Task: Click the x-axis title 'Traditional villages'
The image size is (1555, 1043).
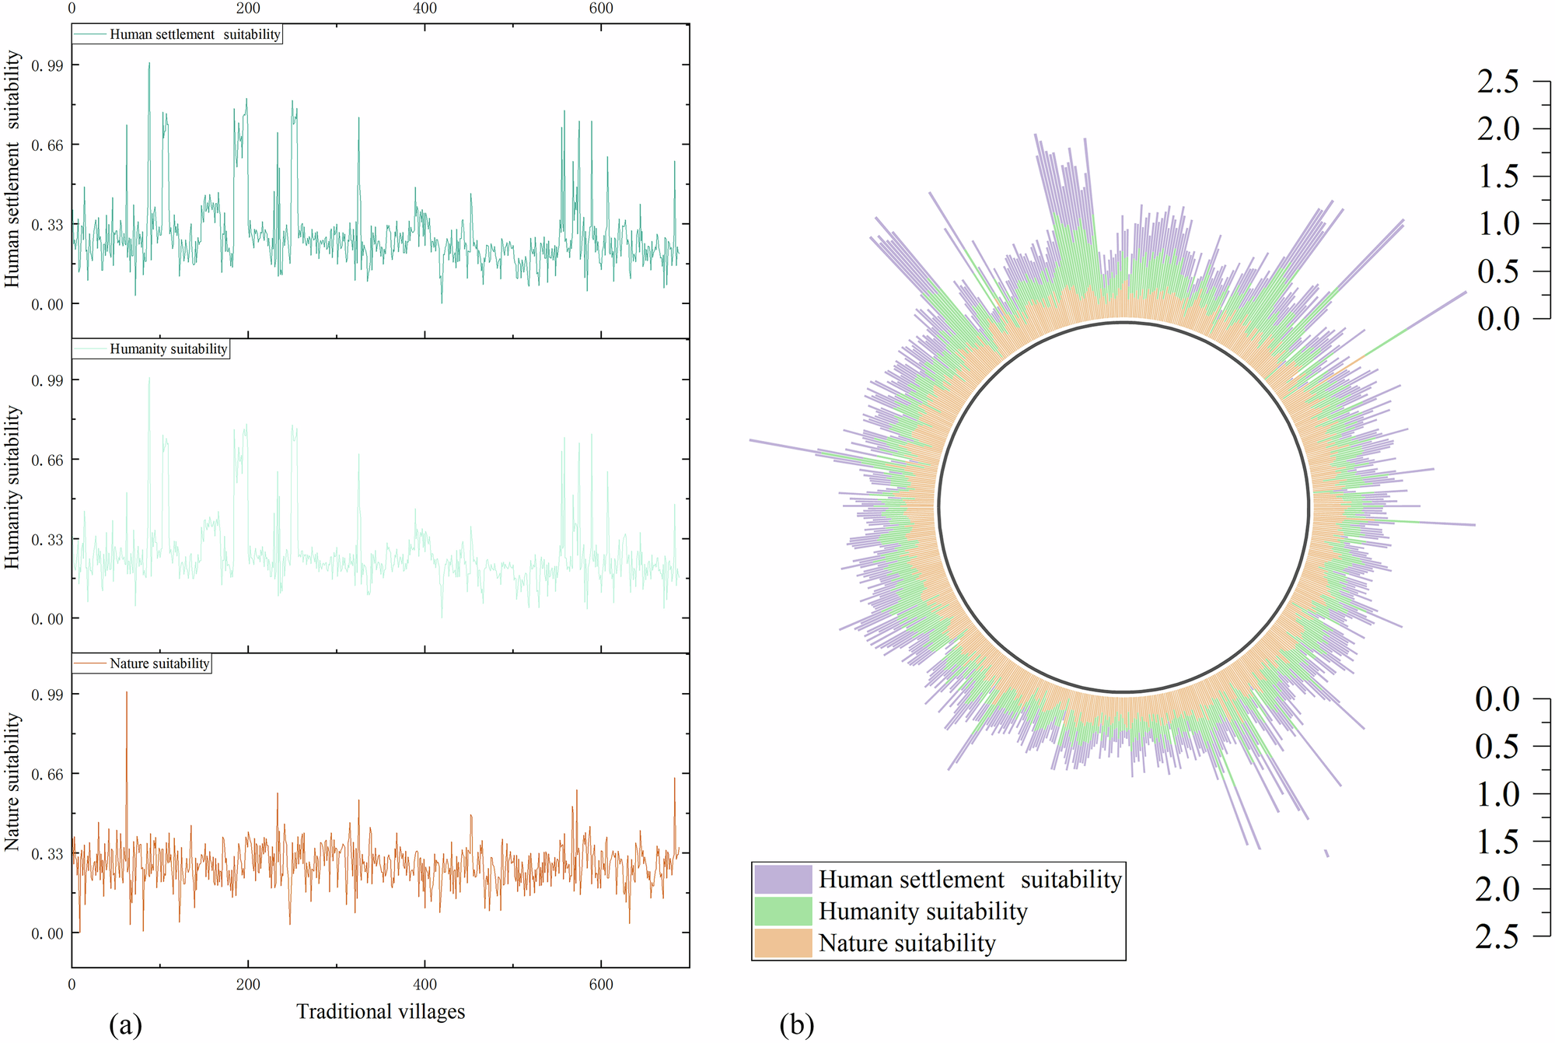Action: point(380,1011)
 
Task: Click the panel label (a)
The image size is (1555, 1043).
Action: point(126,1024)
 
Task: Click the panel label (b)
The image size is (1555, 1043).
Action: point(796,1024)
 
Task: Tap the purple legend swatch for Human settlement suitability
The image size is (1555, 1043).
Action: point(783,880)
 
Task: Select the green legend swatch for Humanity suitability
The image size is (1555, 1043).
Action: point(783,912)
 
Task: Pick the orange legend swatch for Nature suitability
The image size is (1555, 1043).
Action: point(783,943)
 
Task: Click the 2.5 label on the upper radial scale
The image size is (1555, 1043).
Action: point(1497,82)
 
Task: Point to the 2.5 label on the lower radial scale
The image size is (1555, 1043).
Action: point(1497,936)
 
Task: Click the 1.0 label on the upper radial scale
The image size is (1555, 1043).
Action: point(1497,224)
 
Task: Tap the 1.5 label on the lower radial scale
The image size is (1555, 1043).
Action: point(1497,842)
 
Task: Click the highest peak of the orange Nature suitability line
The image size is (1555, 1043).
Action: point(127,693)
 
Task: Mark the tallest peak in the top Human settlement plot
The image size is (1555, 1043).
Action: point(149,65)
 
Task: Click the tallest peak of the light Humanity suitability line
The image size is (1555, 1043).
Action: point(149,379)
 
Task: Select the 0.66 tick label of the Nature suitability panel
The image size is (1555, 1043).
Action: point(47,774)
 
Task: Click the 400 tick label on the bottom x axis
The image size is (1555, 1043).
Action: point(425,985)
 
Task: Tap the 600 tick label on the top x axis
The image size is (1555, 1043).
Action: point(601,9)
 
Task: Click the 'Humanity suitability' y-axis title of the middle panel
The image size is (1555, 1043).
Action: point(12,488)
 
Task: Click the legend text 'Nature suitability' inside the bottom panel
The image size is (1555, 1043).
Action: point(159,663)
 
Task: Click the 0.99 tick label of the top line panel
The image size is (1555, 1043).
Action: point(47,65)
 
